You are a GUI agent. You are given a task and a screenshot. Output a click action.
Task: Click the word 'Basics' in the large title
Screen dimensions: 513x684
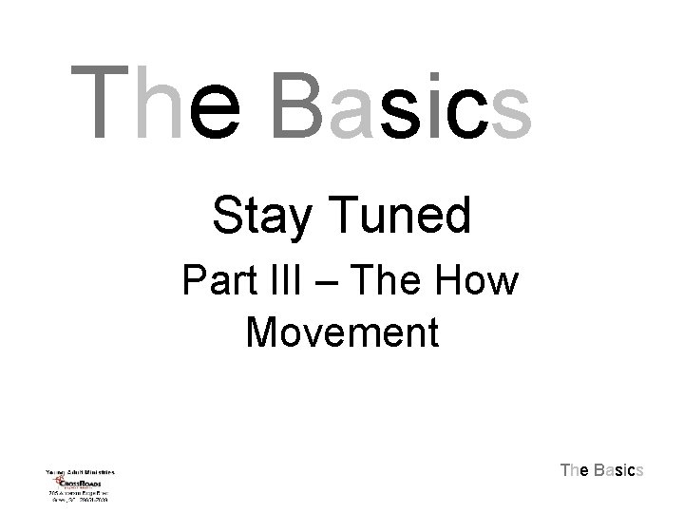coord(400,102)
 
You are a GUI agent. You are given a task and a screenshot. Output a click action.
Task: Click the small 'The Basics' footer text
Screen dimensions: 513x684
coord(602,469)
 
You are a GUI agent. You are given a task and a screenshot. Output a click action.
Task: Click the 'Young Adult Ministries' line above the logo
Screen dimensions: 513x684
coord(79,471)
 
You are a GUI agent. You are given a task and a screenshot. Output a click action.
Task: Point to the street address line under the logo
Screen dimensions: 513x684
coord(79,494)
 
